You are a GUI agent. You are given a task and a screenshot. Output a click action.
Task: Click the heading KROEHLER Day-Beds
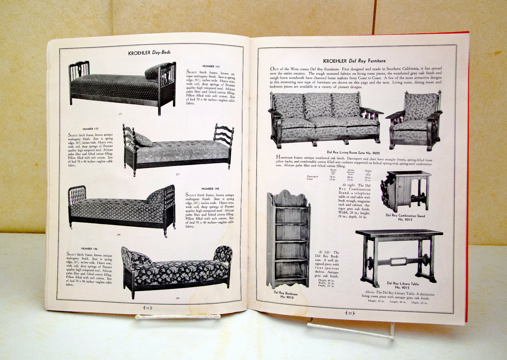(x=149, y=53)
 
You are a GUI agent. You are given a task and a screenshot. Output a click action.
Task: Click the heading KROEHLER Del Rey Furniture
(x=354, y=61)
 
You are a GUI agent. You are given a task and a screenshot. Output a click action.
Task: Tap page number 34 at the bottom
(x=147, y=307)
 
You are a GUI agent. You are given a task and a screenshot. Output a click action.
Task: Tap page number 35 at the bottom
(x=350, y=313)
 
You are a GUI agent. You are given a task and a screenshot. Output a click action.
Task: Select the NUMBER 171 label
(x=211, y=66)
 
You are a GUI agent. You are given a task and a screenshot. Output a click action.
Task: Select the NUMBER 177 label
(x=90, y=129)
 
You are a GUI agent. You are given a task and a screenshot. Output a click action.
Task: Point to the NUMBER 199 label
(x=210, y=189)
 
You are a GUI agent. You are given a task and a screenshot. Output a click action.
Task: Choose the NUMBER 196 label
(x=89, y=249)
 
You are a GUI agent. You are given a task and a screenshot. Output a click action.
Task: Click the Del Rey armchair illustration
(x=414, y=119)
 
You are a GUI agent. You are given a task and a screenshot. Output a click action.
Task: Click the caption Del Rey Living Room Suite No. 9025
(x=353, y=153)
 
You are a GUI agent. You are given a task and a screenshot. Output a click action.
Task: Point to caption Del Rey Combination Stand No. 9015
(x=405, y=217)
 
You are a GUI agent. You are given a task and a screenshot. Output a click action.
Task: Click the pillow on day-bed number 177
(x=143, y=140)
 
